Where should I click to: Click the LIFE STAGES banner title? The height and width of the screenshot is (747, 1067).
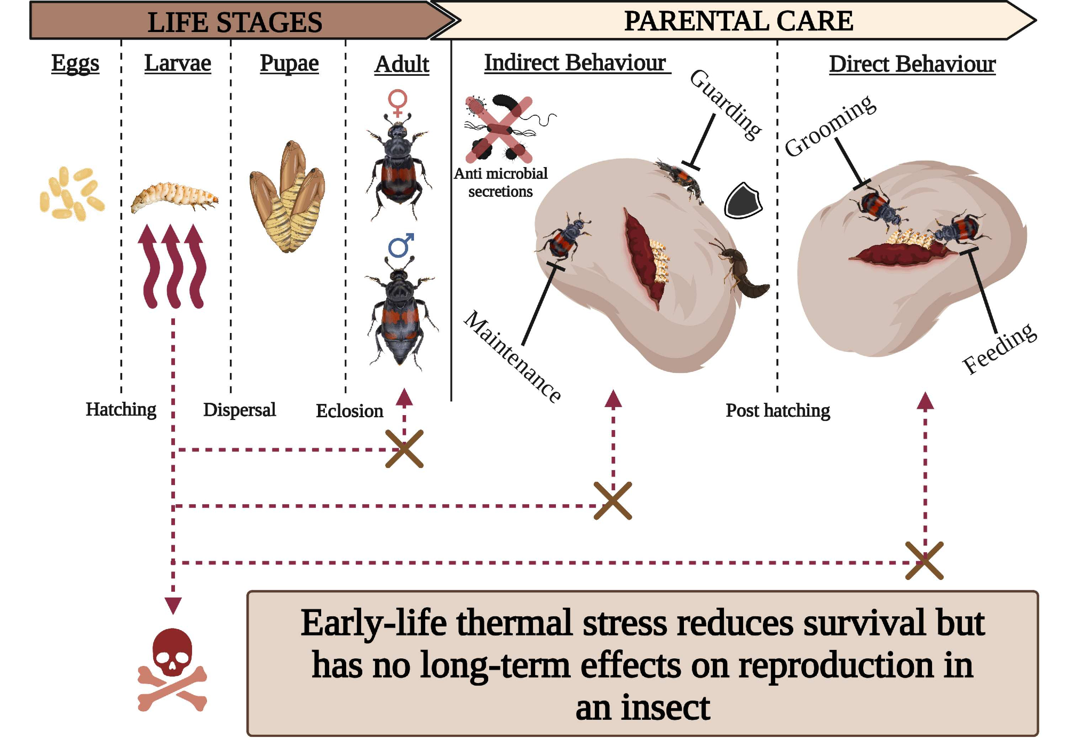click(x=235, y=22)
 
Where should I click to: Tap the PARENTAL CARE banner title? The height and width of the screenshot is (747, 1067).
click(x=738, y=21)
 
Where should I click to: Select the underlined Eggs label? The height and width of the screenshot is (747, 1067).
click(x=75, y=63)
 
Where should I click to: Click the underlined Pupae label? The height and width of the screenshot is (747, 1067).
click(x=289, y=63)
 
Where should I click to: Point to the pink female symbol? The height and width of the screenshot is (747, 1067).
click(x=397, y=102)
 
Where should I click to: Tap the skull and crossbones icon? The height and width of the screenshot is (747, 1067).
click(x=172, y=670)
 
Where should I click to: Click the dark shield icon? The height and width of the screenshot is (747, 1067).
click(x=743, y=201)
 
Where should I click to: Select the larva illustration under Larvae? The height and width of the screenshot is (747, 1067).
click(x=174, y=197)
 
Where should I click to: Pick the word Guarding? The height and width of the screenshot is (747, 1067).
click(x=726, y=104)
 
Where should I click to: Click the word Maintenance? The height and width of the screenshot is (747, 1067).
click(x=513, y=356)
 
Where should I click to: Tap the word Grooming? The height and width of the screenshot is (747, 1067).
click(x=830, y=126)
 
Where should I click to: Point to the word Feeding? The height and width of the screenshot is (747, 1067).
click(x=999, y=348)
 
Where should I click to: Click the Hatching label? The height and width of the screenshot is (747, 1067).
click(x=121, y=410)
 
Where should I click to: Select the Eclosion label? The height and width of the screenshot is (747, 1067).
click(x=349, y=411)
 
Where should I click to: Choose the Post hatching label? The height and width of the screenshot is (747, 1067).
click(x=777, y=410)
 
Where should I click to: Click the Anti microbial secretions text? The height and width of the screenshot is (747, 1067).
click(x=500, y=182)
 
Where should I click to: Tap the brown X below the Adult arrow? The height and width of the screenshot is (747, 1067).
click(x=404, y=449)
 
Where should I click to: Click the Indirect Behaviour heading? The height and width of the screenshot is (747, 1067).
click(x=575, y=63)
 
